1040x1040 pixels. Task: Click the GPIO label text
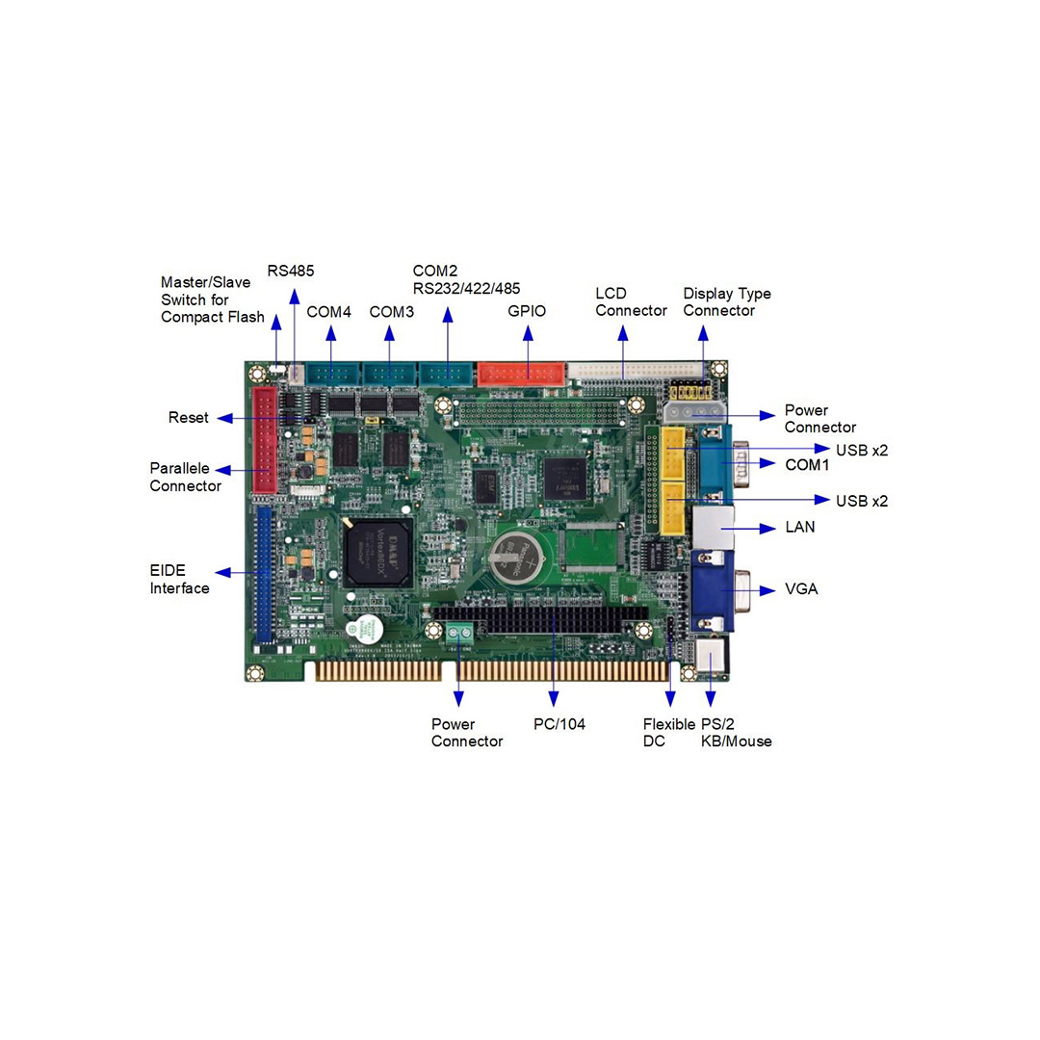[527, 311]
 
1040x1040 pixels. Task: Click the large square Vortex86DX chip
[377, 552]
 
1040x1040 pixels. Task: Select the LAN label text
[799, 528]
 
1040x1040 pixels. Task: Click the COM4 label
[329, 312]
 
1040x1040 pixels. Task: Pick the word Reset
[188, 418]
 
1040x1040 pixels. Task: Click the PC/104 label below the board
[559, 724]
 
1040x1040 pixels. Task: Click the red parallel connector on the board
[265, 440]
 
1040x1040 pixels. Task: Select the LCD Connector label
[631, 302]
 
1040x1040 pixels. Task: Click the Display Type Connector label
[727, 302]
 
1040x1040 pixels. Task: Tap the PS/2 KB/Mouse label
[736, 733]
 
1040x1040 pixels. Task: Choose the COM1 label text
[807, 465]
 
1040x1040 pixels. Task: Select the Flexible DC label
[668, 733]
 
